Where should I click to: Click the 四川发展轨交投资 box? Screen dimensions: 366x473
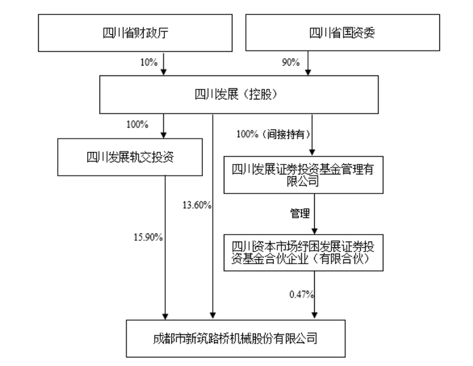pos(130,158)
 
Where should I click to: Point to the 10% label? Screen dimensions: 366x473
pos(148,62)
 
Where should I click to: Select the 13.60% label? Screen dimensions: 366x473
pos(197,204)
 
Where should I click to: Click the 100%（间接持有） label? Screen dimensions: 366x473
pos(270,134)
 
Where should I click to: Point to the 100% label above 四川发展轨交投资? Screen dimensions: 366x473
pos(138,124)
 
